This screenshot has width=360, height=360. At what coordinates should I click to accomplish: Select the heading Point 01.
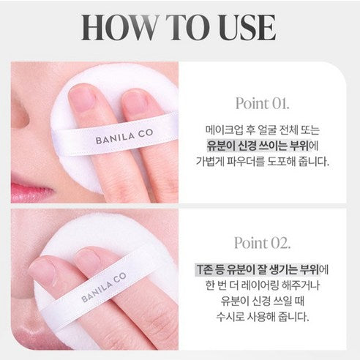pos(263,103)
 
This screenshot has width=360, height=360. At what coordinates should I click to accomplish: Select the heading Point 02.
pos(263,243)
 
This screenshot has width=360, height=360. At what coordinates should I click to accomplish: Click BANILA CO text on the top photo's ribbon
pos(124,137)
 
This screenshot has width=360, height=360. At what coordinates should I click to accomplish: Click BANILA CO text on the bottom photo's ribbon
pos(104,287)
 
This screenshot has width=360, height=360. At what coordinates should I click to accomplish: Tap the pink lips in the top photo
pos(31,192)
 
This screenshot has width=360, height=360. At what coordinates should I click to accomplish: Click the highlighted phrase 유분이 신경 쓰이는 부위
pos(259,146)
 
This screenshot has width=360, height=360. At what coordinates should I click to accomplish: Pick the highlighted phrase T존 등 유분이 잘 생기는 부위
pos(257,269)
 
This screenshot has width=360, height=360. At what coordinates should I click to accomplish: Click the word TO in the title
pos(189,28)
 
